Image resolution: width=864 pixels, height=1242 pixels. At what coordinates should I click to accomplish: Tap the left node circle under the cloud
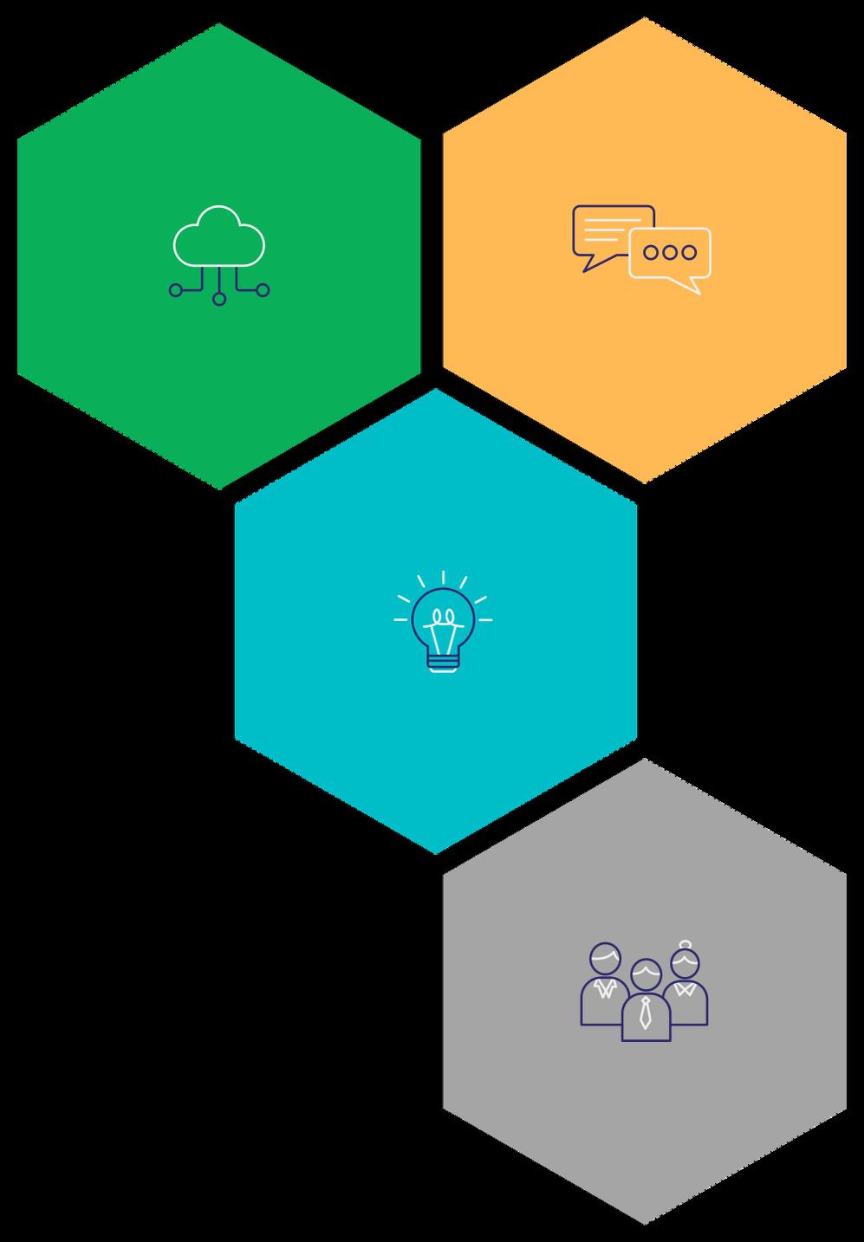coord(176,290)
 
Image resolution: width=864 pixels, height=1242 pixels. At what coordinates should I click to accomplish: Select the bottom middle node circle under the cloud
coord(219,299)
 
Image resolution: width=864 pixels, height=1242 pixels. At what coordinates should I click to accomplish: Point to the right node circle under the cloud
coord(263,290)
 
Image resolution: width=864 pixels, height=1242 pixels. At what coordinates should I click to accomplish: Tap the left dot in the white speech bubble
coord(651,252)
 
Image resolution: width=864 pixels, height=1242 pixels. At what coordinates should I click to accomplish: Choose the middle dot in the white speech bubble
coord(670,252)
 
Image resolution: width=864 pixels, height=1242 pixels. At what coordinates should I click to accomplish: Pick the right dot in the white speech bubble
coord(689,252)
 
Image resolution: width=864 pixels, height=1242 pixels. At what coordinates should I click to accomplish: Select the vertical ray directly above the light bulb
coord(443,578)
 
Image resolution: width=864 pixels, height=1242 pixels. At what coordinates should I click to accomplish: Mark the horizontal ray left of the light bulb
coord(400,620)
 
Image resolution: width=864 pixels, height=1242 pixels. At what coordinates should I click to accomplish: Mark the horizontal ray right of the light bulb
coord(485,620)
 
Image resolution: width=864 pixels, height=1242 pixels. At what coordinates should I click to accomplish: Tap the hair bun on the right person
coord(686,944)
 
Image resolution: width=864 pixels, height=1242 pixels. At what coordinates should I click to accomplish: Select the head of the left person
coord(605,960)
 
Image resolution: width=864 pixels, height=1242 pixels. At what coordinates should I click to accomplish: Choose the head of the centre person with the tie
coord(646,976)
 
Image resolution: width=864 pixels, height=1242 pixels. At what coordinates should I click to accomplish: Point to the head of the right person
coord(686,964)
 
